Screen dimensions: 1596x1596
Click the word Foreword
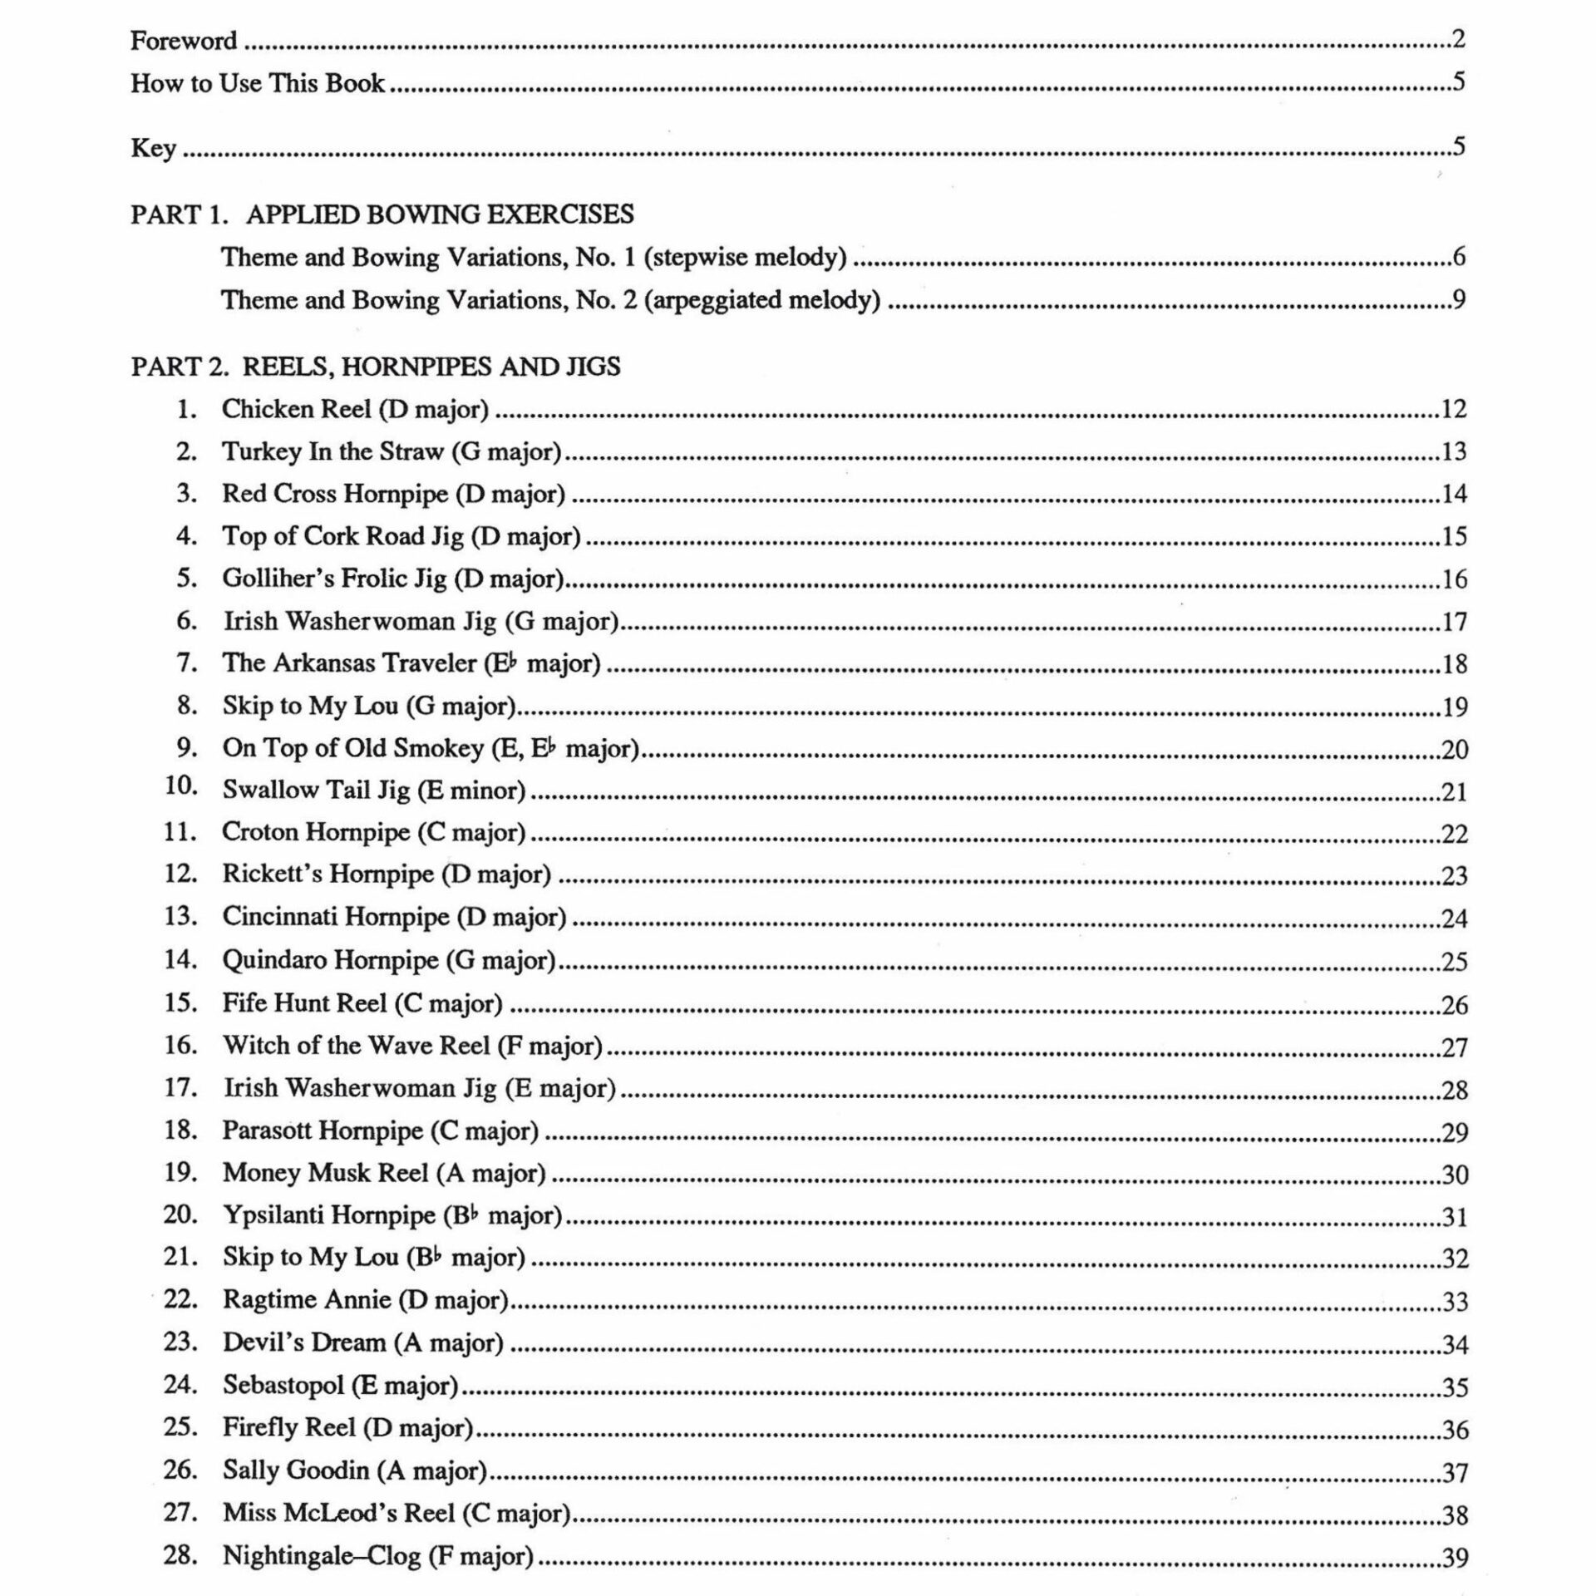pos(184,40)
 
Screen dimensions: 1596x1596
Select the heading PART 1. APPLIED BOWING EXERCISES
pos(382,214)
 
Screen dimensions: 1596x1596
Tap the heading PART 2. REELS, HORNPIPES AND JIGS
pos(375,367)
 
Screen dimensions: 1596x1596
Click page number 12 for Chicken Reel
pos(1453,409)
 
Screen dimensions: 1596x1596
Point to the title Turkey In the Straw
pos(332,451)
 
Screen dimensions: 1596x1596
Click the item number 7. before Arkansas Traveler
pos(187,663)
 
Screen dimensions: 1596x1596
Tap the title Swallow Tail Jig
pos(316,790)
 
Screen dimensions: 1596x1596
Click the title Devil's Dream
pos(304,1342)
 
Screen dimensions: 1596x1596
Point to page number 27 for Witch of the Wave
pos(1454,1047)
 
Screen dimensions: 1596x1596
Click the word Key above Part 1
pos(153,148)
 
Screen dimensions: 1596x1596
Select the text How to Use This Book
pos(258,83)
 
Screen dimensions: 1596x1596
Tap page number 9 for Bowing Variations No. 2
pos(1459,299)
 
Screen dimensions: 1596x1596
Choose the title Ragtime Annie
pos(306,1300)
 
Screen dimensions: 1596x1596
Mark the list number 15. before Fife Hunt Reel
pos(180,1002)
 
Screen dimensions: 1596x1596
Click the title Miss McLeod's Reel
pos(338,1513)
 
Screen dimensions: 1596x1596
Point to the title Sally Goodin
pos(295,1470)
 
